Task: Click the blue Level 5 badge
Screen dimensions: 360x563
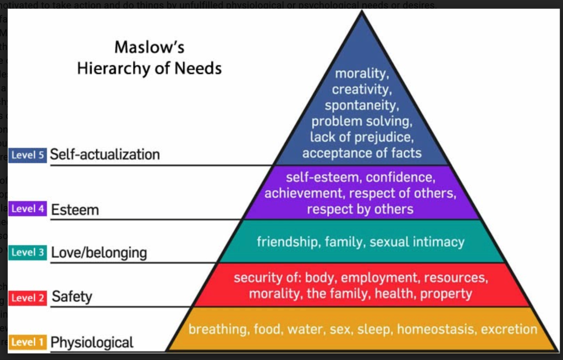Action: (27, 155)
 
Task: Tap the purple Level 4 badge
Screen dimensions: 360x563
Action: (28, 209)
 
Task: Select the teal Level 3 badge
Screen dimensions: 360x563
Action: (27, 252)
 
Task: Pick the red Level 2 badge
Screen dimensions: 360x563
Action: (27, 297)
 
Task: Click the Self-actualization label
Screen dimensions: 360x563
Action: (104, 154)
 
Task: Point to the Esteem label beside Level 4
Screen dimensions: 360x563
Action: (75, 210)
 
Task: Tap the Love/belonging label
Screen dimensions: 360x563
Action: (99, 253)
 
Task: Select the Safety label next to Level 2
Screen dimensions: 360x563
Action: (72, 297)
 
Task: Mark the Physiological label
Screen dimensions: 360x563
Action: (92, 343)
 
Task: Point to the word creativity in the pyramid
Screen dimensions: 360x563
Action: (361, 88)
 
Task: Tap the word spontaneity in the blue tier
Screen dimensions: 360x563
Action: (361, 104)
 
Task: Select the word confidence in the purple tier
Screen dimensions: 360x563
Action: (401, 178)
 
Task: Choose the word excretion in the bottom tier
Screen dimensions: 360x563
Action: (509, 329)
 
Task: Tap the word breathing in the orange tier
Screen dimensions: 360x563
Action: (217, 329)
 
